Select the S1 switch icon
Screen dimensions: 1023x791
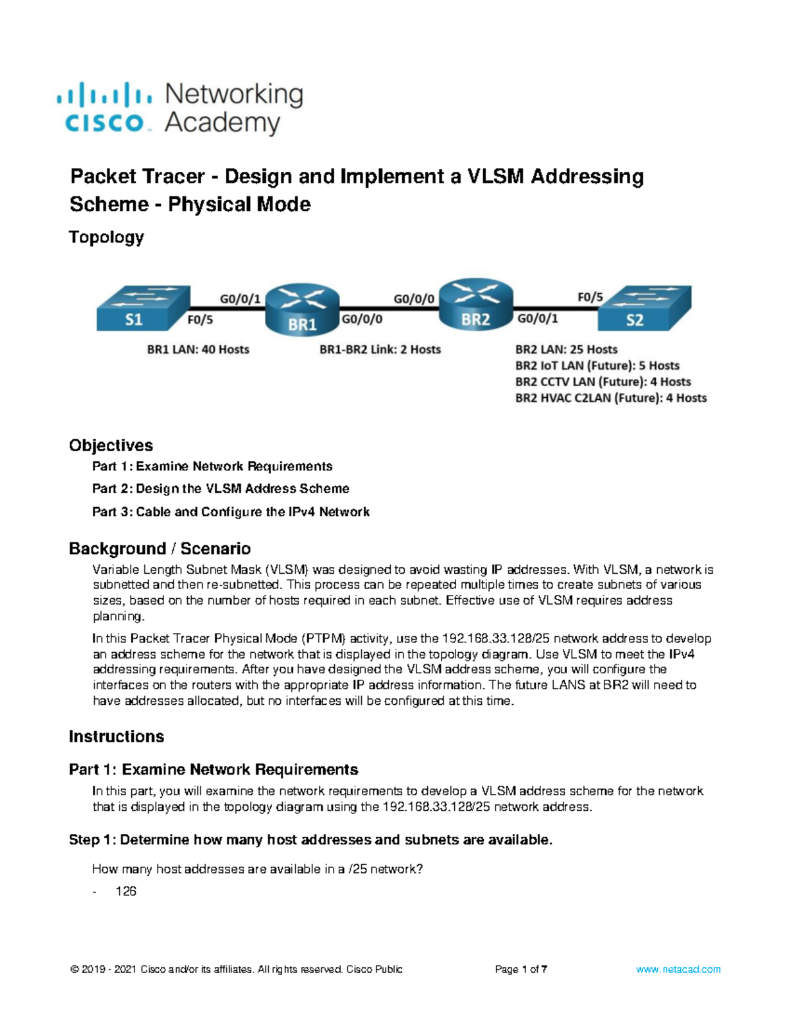[143, 308]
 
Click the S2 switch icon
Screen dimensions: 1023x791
[644, 308]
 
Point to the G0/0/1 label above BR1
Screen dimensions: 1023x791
[240, 298]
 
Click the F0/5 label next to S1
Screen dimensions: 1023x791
[200, 320]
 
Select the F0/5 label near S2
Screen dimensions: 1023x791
[590, 297]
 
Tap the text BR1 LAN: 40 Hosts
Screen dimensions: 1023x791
[198, 350]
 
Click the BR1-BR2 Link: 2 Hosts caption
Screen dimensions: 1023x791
[380, 350]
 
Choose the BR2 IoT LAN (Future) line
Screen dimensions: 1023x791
[597, 366]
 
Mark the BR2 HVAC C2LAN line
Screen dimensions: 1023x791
[610, 398]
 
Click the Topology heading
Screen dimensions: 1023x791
[106, 237]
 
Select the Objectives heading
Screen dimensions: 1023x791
[111, 445]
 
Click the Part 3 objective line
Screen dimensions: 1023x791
[231, 512]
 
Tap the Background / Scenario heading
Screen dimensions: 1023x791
[160, 549]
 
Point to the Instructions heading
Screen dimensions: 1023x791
[116, 736]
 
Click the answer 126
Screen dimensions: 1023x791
[126, 891]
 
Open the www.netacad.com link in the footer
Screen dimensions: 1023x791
[678, 970]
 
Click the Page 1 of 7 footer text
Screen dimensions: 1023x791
[521, 970]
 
